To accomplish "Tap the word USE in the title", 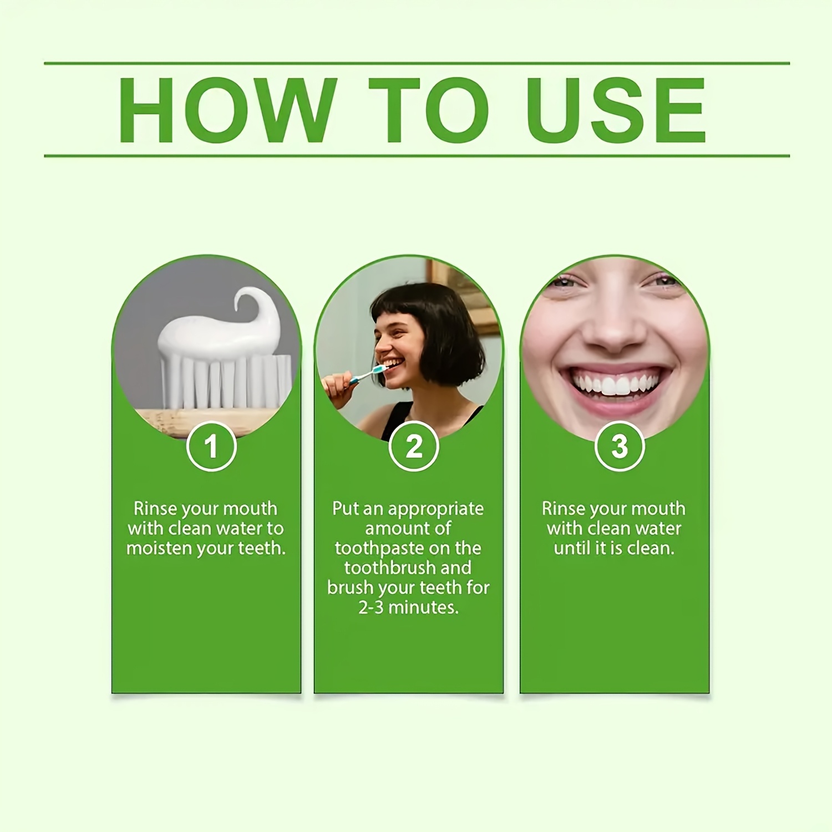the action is click(616, 110).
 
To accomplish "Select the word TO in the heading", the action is click(429, 110).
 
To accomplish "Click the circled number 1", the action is click(211, 446).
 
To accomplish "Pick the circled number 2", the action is click(414, 446).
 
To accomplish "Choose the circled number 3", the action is click(620, 446).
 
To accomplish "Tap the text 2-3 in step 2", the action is click(371, 607).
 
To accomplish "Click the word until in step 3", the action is click(572, 548).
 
